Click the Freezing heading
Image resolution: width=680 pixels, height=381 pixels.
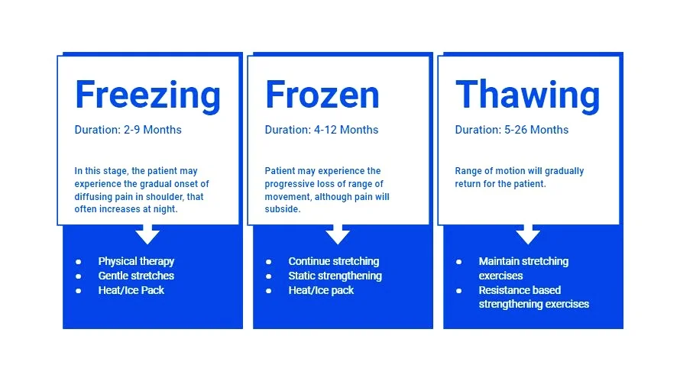[147, 95]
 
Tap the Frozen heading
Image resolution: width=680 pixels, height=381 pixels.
[322, 95]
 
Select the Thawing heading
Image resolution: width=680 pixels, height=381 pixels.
[528, 95]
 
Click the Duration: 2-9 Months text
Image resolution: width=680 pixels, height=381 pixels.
[128, 130]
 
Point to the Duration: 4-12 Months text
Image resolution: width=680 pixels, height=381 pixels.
[321, 130]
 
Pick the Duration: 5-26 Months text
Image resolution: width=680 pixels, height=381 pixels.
[511, 130]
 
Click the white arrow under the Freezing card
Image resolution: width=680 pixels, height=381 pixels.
[147, 234]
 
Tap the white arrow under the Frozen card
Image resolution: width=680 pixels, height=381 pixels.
[338, 234]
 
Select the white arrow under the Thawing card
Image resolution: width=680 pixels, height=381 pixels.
[528, 234]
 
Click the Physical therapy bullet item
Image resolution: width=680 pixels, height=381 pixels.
[136, 261]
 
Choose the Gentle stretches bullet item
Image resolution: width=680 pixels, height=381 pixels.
[136, 276]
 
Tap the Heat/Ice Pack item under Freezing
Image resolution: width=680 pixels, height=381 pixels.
[131, 290]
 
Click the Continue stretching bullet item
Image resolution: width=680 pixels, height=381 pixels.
[333, 261]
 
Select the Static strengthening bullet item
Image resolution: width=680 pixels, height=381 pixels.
[335, 276]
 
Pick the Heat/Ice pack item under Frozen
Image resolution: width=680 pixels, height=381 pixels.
[321, 290]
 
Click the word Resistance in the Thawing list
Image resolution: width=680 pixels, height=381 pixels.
[504, 290]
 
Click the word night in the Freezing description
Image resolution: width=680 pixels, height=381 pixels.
[165, 209]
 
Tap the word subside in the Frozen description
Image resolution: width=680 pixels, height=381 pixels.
[282, 209]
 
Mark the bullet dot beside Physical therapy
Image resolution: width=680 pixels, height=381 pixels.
[79, 262]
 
